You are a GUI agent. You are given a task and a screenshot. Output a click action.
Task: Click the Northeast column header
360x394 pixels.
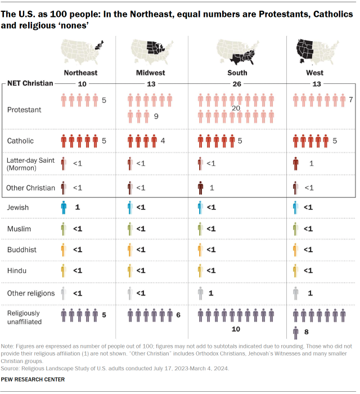(80, 73)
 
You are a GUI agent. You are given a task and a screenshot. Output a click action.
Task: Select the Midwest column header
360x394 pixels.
(150, 73)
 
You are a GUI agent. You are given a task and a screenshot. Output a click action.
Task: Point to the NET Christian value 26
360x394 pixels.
(236, 83)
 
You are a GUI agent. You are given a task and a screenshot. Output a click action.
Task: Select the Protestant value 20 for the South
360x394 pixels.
(237, 108)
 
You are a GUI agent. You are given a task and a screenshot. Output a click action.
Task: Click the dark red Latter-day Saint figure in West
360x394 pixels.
(296, 163)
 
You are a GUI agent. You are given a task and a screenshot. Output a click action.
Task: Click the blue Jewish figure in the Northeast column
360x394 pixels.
(64, 208)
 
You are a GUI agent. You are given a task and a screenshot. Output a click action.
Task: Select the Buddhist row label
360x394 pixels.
(20, 250)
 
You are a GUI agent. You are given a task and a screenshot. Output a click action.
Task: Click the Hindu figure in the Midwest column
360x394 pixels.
(130, 271)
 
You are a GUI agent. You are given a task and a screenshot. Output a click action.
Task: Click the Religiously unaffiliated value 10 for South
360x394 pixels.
(236, 328)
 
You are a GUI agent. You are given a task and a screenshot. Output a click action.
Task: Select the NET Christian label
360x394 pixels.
(31, 83)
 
